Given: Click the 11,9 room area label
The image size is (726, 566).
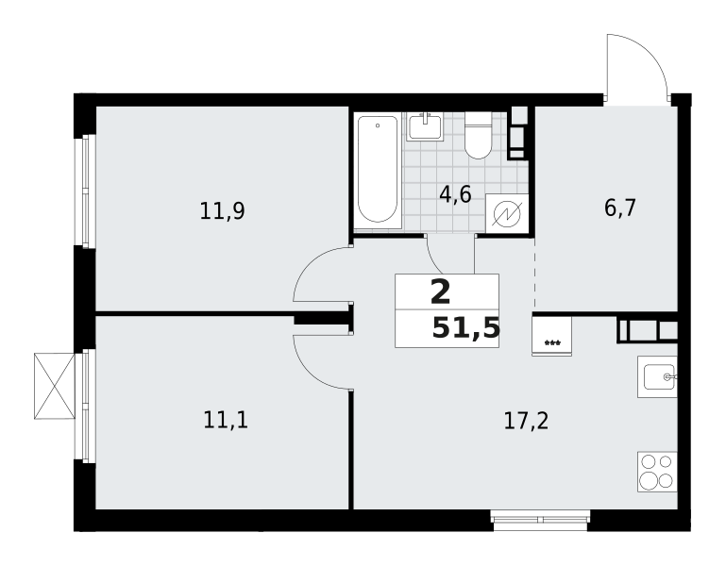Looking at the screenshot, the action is [222, 211].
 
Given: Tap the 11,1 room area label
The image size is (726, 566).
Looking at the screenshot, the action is [226, 421].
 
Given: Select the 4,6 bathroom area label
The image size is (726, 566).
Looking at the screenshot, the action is [455, 194].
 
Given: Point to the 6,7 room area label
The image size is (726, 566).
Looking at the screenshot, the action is [620, 208].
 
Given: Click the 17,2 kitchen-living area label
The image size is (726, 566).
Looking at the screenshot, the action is [526, 421].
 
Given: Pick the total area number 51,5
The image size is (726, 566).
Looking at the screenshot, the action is [466, 329].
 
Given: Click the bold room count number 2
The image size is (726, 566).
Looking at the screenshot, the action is [440, 293].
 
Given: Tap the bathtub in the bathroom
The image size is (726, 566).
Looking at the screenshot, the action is [378, 170].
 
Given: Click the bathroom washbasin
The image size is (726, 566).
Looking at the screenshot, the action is [425, 126].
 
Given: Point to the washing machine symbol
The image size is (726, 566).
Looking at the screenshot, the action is [507, 213].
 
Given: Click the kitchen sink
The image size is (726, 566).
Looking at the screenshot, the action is [657, 376].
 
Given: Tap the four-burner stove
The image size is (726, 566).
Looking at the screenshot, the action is [657, 472].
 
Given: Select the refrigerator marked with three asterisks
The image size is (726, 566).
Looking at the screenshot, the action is [552, 337].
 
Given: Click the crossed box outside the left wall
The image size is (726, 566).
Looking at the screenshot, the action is [54, 386].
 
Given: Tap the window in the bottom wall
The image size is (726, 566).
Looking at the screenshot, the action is [540, 520].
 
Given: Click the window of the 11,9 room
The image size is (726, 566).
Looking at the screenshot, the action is [85, 191].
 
